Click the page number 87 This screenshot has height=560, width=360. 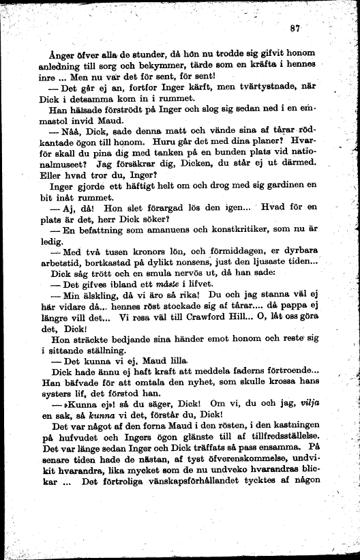295,28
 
